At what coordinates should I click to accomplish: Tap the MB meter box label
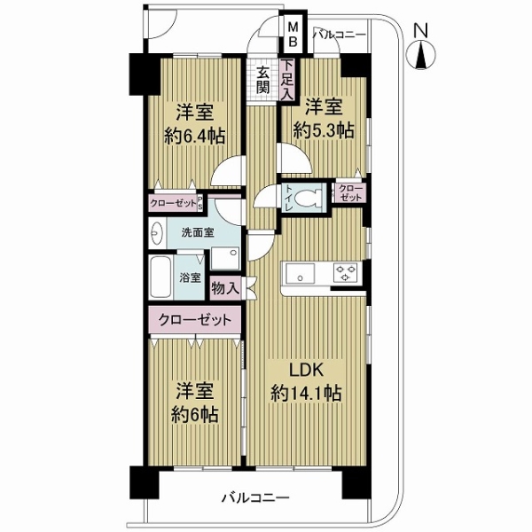pos(292,35)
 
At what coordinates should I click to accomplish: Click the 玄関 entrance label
pos(263,80)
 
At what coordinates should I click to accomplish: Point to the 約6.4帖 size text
pos(194,136)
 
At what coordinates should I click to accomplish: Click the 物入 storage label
pos(225,286)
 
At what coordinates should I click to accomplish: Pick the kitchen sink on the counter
pos(299,273)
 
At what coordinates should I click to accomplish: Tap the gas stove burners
pos(344,273)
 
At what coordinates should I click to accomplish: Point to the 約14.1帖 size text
pos(306,393)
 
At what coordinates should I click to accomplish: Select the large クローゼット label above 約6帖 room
pos(195,319)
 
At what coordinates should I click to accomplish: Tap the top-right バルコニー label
pos(339,35)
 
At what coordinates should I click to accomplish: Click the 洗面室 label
pos(197,233)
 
